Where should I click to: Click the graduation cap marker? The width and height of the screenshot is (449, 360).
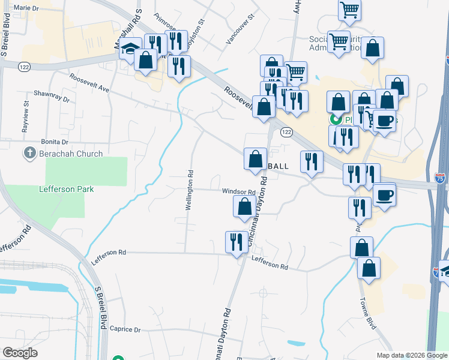coord(129,49)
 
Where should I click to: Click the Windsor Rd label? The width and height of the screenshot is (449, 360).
coord(239,192)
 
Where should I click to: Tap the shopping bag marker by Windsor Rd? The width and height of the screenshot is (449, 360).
coord(244,208)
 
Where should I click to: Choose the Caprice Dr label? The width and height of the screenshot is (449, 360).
coord(125,329)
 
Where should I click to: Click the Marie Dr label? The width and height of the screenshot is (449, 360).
coord(26,8)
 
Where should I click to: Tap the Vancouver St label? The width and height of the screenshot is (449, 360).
coord(240,29)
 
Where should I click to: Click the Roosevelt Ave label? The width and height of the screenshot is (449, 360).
coord(89,83)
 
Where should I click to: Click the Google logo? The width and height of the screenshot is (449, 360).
coord(20,353)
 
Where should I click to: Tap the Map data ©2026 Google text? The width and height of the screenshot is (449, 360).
coord(411,355)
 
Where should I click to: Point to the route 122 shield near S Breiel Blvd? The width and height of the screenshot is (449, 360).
coord(25,66)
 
